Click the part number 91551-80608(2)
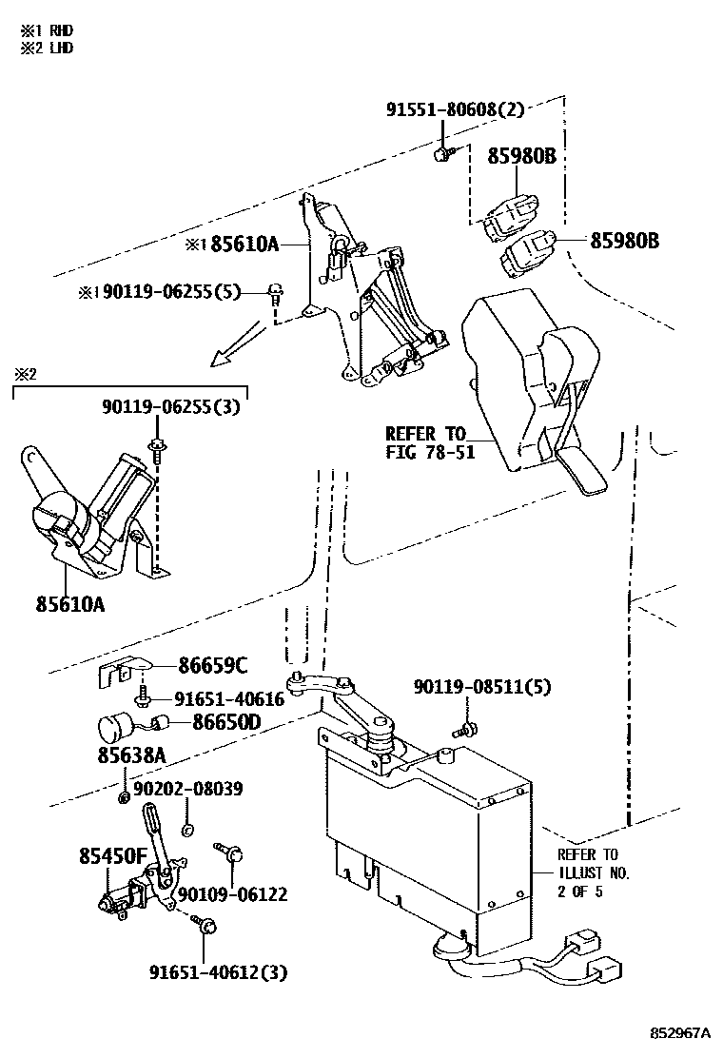pos(455,110)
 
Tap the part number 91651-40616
pos(227,699)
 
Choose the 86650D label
pos(226,723)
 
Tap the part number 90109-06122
pos(233,894)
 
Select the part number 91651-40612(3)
pos(218,971)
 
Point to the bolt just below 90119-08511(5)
pos(466,730)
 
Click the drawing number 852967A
pos(681,1033)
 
